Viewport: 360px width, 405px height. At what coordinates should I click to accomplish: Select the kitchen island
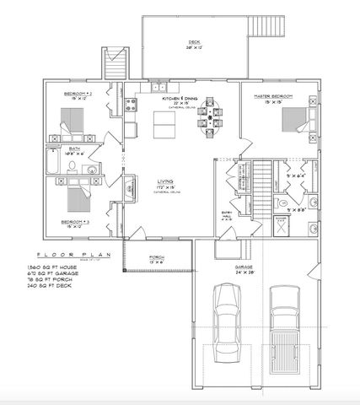[163, 126]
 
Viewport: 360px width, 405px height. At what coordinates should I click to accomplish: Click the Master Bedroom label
[272, 97]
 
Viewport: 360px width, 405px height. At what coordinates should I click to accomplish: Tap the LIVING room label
[165, 181]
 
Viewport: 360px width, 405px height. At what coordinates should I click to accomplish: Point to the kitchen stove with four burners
[132, 105]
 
